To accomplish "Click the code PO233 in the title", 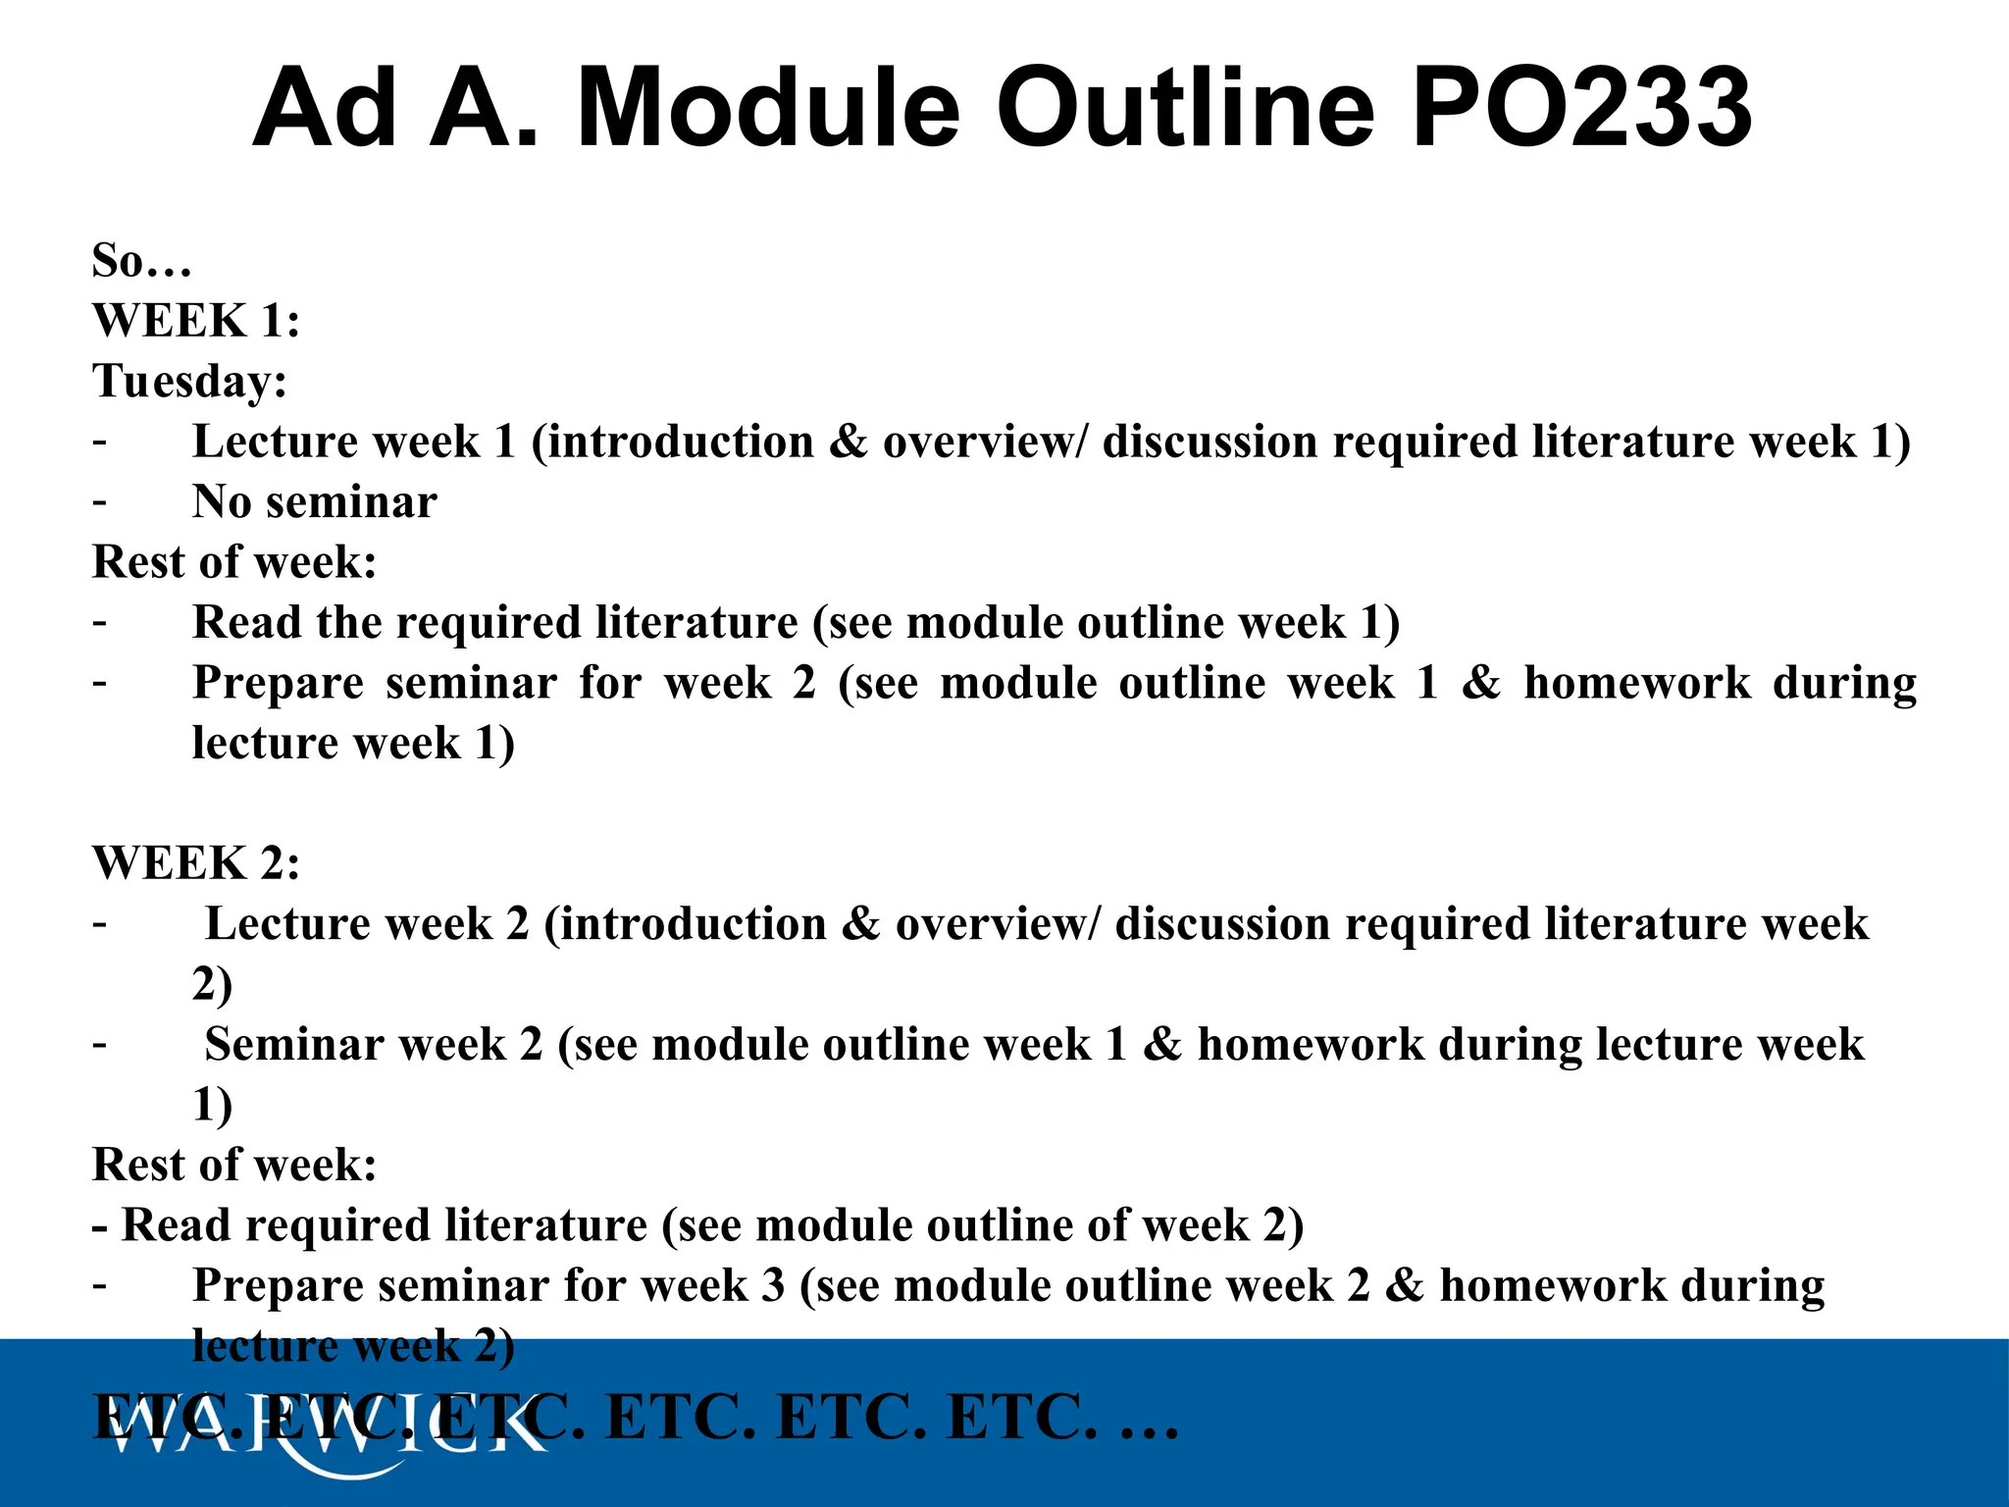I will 1581,108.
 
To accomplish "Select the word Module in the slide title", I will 767,108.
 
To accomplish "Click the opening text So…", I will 141,261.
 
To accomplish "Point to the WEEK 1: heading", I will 196,321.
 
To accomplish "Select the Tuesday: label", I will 189,381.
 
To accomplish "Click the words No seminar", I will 314,502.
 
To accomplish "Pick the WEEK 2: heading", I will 196,863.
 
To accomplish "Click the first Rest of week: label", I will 234,562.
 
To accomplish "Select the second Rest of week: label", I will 234,1165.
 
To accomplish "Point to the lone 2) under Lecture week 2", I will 212,984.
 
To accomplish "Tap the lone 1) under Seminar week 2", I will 212,1105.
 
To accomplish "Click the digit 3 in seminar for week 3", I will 773,1285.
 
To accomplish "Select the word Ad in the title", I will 325,108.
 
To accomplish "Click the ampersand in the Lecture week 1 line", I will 848,442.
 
